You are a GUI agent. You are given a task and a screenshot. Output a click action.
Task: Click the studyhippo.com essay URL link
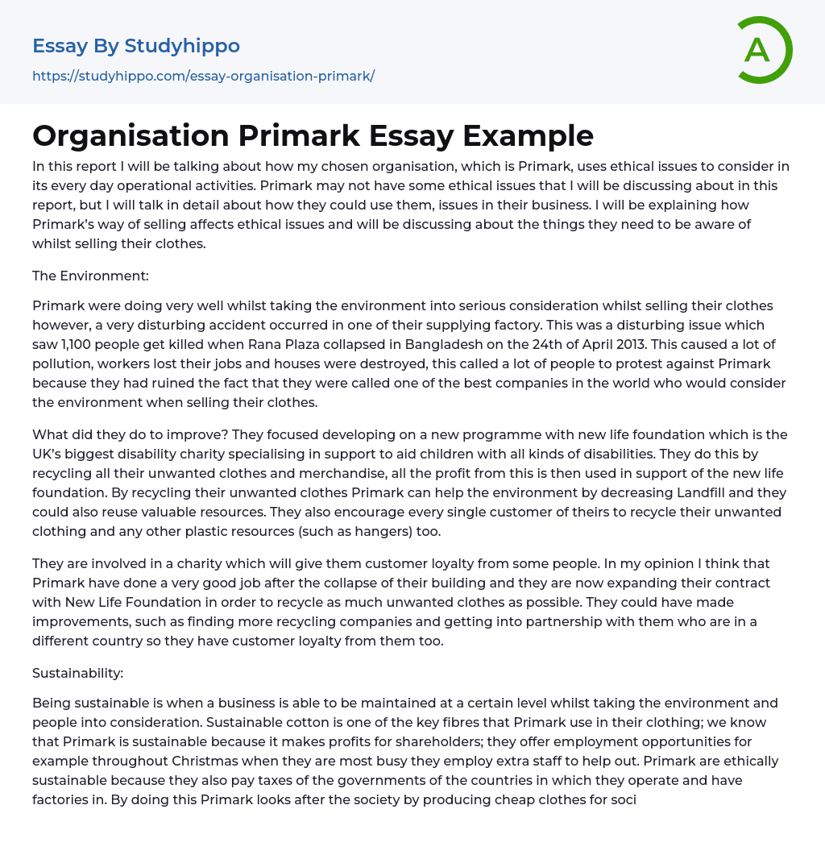[203, 77]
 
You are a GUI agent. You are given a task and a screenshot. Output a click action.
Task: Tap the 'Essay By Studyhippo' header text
[136, 46]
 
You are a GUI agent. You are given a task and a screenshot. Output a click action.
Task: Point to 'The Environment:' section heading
[90, 276]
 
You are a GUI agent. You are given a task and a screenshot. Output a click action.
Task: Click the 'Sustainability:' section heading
[77, 673]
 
